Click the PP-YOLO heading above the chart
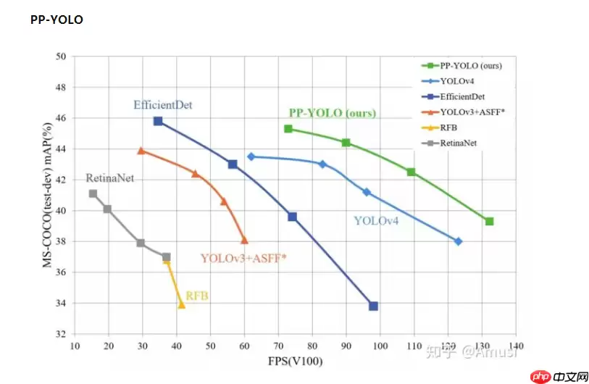(x=57, y=20)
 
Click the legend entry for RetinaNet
(x=457, y=143)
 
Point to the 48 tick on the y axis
(x=61, y=87)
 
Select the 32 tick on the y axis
(x=61, y=335)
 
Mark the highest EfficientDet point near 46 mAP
(x=158, y=121)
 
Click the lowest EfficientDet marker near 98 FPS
(x=373, y=306)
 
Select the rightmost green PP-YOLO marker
(x=489, y=221)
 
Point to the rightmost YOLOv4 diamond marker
(x=458, y=241)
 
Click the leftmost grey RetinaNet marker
(x=93, y=193)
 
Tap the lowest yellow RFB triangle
(x=181, y=305)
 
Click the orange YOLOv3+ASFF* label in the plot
(x=243, y=257)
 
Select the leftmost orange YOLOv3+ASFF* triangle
(x=141, y=151)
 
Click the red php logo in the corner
(x=538, y=376)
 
